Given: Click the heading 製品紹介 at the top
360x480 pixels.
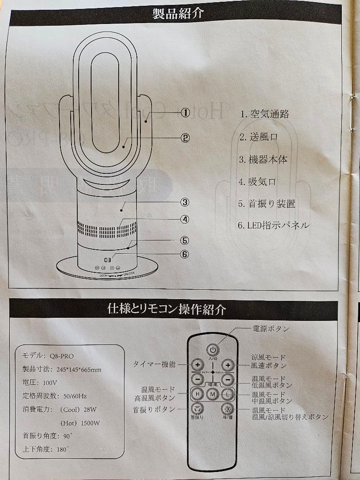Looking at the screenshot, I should click(x=178, y=14).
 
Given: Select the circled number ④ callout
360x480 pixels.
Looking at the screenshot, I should click(x=185, y=219).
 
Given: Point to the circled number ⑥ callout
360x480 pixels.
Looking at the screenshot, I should click(x=185, y=254).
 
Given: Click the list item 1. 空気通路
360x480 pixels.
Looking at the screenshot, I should click(x=264, y=114).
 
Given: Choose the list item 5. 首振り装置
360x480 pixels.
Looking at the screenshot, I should click(x=267, y=204).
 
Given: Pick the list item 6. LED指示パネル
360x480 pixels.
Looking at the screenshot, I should click(x=273, y=225).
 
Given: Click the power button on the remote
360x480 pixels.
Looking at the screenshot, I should click(x=212, y=350).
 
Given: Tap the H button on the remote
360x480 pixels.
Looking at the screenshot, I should click(x=197, y=394).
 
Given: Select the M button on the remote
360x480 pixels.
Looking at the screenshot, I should click(x=212, y=394).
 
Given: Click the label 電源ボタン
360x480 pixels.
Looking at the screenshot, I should click(x=271, y=329).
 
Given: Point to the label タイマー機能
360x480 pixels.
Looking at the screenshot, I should click(x=155, y=364).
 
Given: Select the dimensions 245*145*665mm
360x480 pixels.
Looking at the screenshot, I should click(x=79, y=369).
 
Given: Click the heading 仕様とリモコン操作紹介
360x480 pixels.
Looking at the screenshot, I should click(x=167, y=309).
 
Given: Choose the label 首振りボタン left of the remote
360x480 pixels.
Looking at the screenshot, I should click(x=154, y=409).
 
